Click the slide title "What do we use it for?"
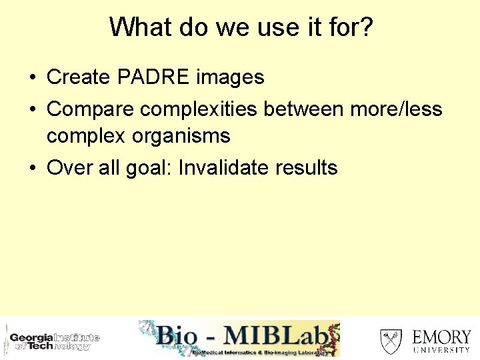241,27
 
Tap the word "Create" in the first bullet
79,77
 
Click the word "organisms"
181,136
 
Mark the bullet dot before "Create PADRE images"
32,78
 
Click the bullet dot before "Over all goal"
32,168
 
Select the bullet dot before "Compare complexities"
32,109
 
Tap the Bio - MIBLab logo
239,338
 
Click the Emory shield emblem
391,341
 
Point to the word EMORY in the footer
441,336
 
